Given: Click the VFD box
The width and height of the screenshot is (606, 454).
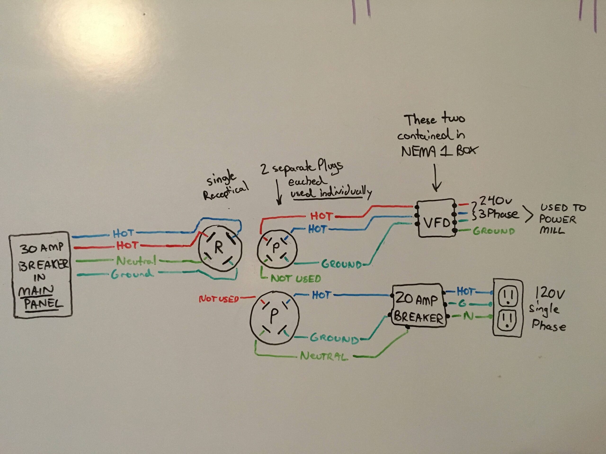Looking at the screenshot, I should tap(436, 218).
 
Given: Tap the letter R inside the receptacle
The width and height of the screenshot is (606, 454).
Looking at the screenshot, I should tap(219, 248).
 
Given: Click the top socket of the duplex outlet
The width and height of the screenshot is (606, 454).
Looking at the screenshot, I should tap(508, 298).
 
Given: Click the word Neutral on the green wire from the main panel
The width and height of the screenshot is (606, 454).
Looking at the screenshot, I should tap(136, 261).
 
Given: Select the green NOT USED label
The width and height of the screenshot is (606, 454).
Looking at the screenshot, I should tap(296, 279).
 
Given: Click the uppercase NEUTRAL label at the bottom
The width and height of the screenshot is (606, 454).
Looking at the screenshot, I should tap(324, 356).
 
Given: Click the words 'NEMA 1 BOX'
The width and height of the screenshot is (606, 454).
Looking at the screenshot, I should tap(438, 151).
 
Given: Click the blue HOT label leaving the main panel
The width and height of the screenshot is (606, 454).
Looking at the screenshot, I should tap(123, 233).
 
